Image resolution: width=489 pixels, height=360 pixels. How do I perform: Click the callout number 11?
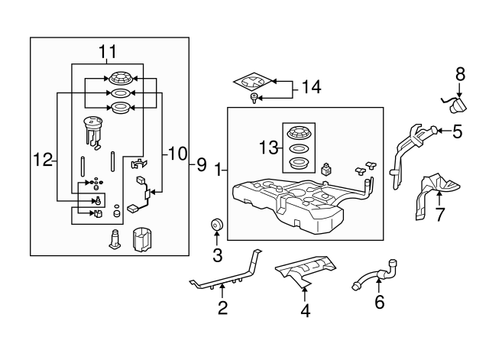(x=107, y=52)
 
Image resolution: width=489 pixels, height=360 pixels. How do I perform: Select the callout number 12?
(x=43, y=160)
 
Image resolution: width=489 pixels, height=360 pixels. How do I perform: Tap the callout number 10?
(x=177, y=154)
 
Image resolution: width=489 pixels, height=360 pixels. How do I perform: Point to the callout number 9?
(x=202, y=163)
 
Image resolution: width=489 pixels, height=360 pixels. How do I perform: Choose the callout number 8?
(x=460, y=74)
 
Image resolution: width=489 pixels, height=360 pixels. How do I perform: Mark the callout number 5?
(x=457, y=131)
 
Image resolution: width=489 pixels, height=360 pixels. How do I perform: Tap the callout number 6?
(x=380, y=303)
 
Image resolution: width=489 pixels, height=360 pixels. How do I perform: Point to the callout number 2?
(x=222, y=308)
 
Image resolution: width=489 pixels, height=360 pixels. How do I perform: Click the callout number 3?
(x=217, y=254)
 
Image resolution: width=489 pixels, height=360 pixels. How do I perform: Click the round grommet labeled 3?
(x=217, y=225)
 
